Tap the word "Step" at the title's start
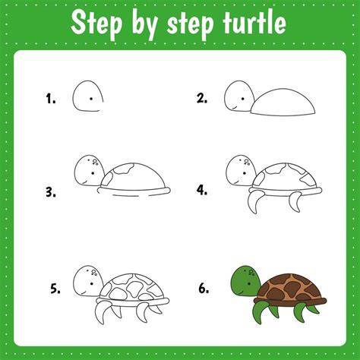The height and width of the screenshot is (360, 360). (96, 24)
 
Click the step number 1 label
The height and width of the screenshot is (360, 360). (51, 99)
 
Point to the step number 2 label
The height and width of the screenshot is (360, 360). (202, 98)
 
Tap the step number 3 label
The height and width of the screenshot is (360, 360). (51, 192)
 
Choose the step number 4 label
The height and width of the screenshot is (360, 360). (202, 190)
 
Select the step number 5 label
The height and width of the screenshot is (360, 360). (55, 289)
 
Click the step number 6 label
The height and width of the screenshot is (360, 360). (204, 289)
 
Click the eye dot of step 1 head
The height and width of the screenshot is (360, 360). (91, 99)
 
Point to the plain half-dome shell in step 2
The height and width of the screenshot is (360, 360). (283, 103)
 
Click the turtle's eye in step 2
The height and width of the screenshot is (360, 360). (242, 99)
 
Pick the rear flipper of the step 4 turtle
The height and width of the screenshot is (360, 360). (295, 201)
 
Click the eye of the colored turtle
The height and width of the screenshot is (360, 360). (249, 284)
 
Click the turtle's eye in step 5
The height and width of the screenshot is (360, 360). (92, 283)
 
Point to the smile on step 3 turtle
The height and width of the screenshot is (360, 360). (84, 182)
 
